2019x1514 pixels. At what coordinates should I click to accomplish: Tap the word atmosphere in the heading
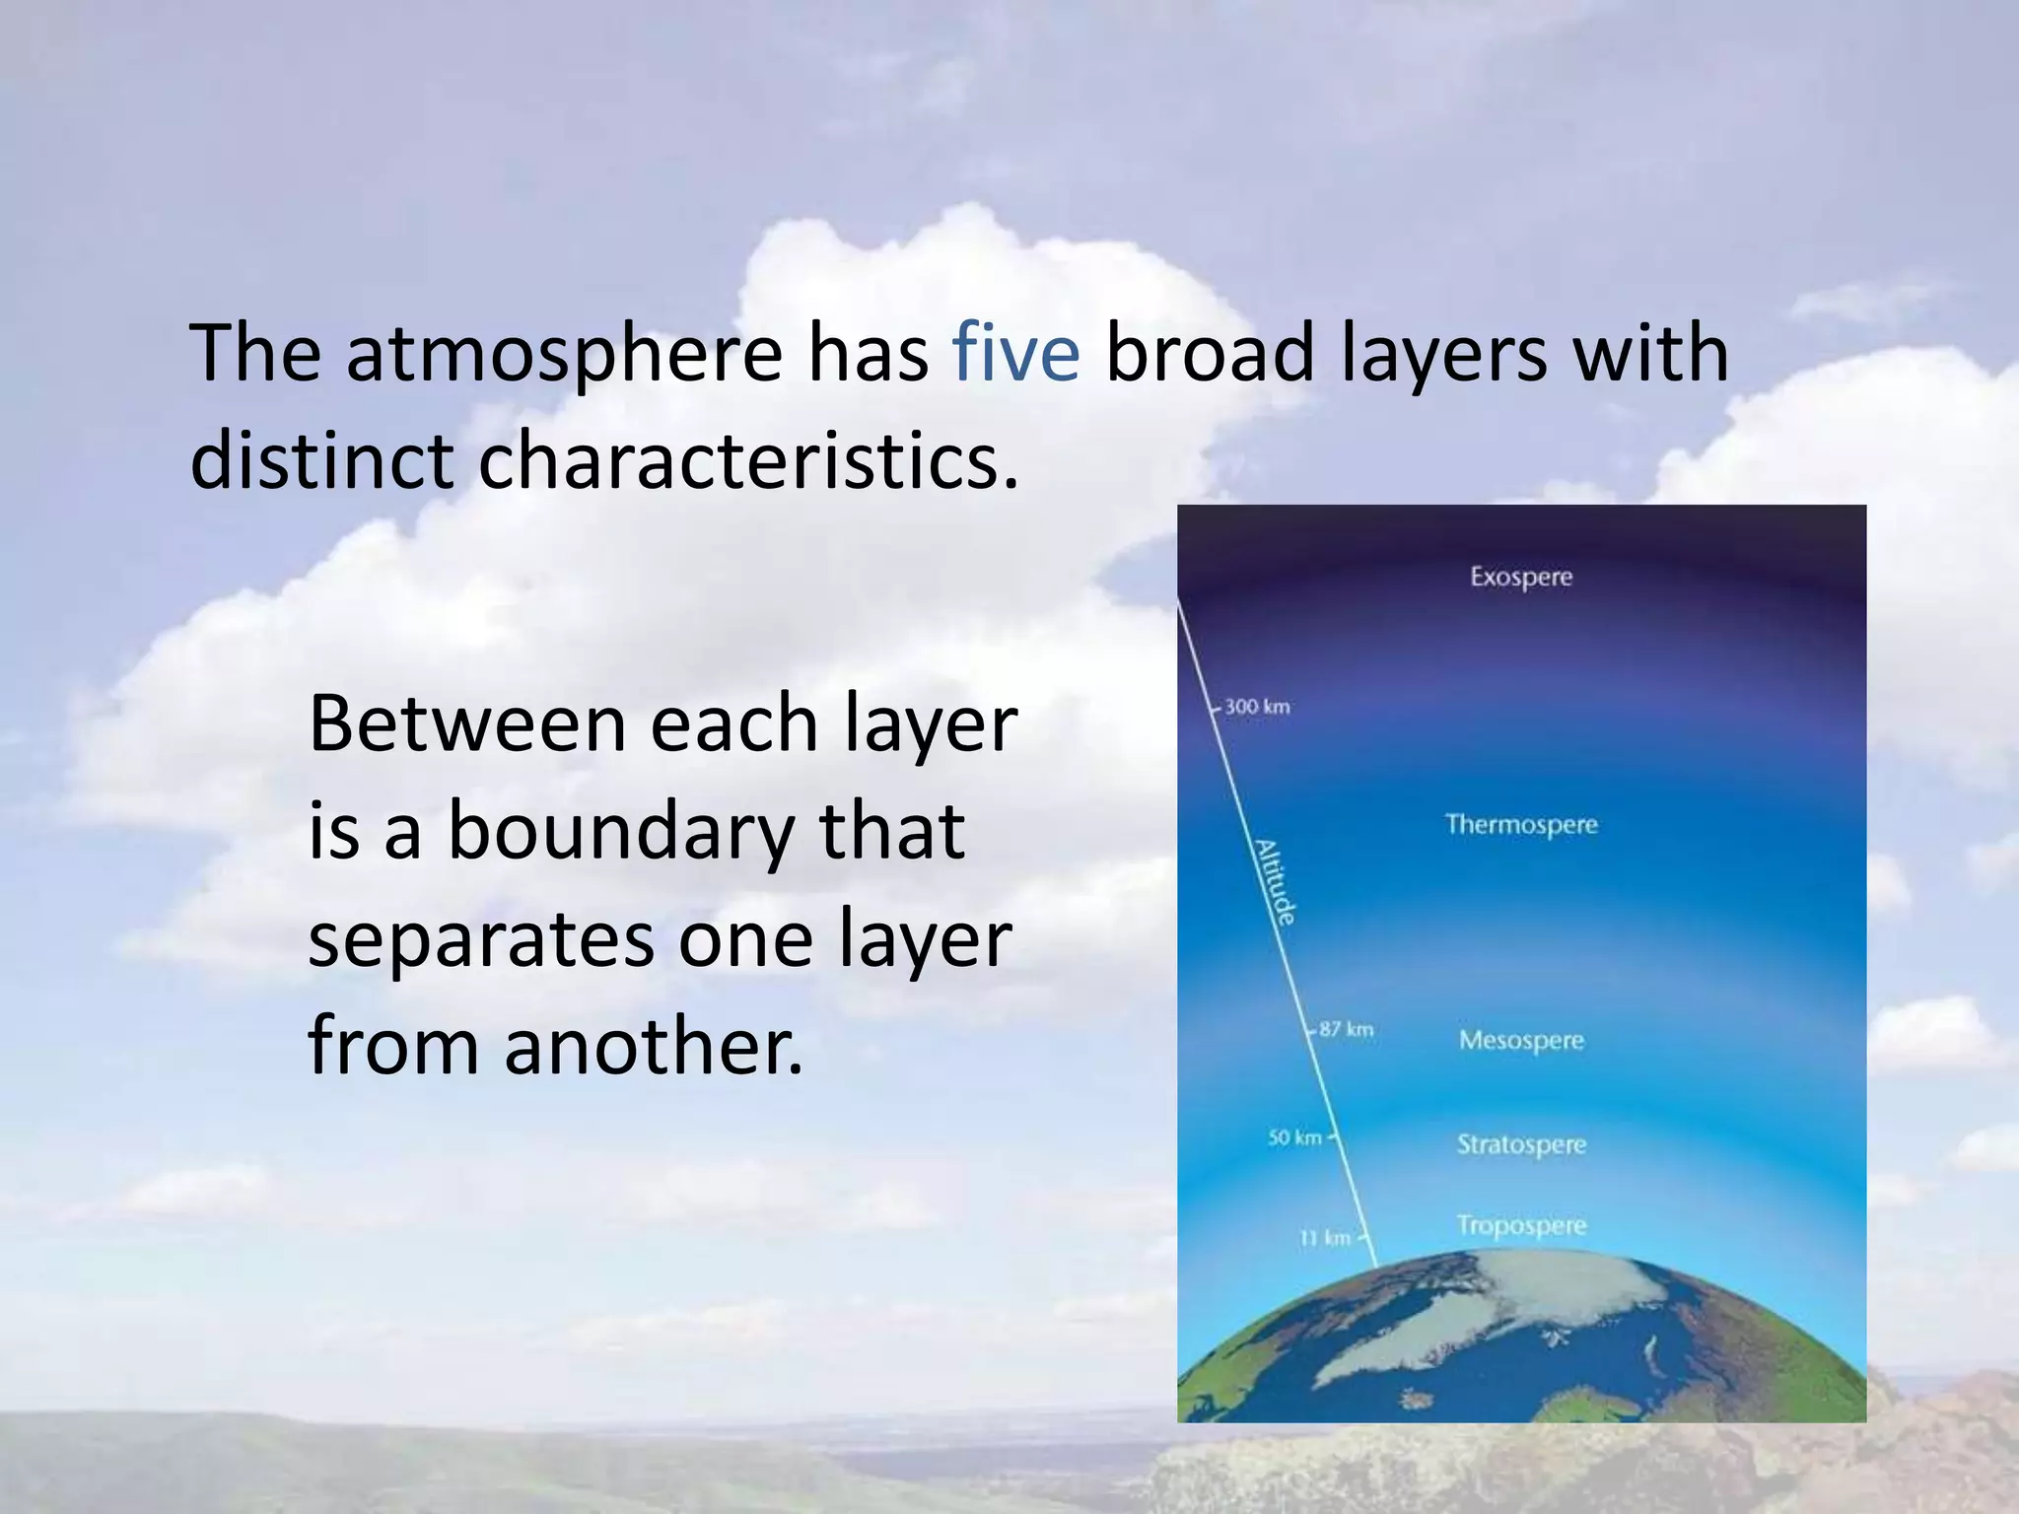click(x=563, y=355)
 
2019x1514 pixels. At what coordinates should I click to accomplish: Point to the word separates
click(x=481, y=939)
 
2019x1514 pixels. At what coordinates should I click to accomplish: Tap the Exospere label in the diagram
click(x=1521, y=577)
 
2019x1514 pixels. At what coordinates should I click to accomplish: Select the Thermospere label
click(x=1521, y=824)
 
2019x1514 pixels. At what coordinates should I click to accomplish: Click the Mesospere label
click(x=1521, y=1041)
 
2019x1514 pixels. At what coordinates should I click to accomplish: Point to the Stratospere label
click(x=1521, y=1145)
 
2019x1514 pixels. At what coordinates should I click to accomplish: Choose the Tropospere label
click(x=1521, y=1225)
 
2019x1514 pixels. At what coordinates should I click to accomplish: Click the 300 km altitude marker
click(x=1257, y=707)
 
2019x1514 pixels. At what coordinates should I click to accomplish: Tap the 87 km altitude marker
click(x=1346, y=1029)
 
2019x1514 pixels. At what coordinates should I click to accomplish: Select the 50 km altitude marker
click(x=1294, y=1137)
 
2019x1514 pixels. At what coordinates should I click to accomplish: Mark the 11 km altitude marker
click(x=1325, y=1237)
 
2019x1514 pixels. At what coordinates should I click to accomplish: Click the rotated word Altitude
click(x=1274, y=882)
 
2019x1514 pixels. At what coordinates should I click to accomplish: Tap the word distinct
click(x=321, y=461)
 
